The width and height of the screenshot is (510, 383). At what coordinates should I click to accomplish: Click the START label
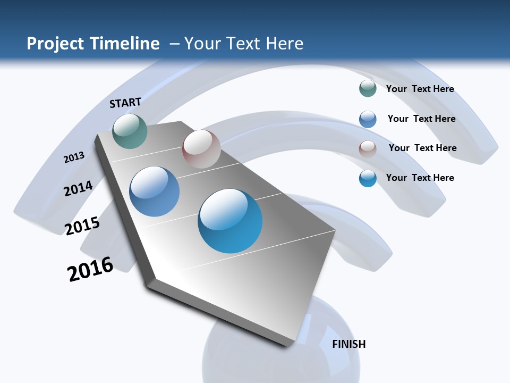(125, 103)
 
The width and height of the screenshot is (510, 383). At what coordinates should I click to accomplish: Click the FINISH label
(348, 344)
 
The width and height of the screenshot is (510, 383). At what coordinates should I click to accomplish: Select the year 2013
(74, 157)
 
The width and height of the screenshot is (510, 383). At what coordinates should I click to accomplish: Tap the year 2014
(78, 188)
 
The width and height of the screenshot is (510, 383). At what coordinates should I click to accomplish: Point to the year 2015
(82, 226)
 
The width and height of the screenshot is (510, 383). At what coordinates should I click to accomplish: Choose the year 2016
(90, 269)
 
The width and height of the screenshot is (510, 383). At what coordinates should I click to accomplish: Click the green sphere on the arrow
(130, 131)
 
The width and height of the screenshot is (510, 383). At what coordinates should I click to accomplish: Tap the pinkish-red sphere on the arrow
(201, 148)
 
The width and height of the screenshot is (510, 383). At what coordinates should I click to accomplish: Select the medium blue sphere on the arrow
(155, 191)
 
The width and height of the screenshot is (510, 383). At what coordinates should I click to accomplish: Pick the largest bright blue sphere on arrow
(230, 221)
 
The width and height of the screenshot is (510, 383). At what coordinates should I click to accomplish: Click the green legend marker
(368, 89)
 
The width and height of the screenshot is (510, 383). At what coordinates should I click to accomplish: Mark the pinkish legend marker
(368, 148)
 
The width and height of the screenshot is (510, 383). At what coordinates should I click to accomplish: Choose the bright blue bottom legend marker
(368, 178)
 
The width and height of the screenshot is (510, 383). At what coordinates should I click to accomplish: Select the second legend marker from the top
(368, 119)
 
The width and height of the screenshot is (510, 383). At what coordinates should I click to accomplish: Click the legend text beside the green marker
(420, 89)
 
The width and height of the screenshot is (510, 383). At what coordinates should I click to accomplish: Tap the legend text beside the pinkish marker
(422, 148)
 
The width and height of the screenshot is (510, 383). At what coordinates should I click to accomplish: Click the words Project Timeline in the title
(93, 44)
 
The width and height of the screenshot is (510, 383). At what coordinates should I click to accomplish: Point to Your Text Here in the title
(243, 44)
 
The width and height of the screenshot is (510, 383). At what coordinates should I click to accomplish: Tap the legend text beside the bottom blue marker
(420, 178)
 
